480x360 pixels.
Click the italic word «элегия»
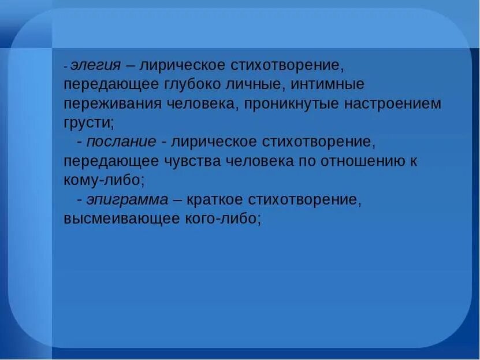[95, 65]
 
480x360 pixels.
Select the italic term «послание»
[121, 142]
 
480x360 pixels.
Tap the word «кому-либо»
[103, 180]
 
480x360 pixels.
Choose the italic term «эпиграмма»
[128, 199]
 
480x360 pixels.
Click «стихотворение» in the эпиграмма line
[305, 199]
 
